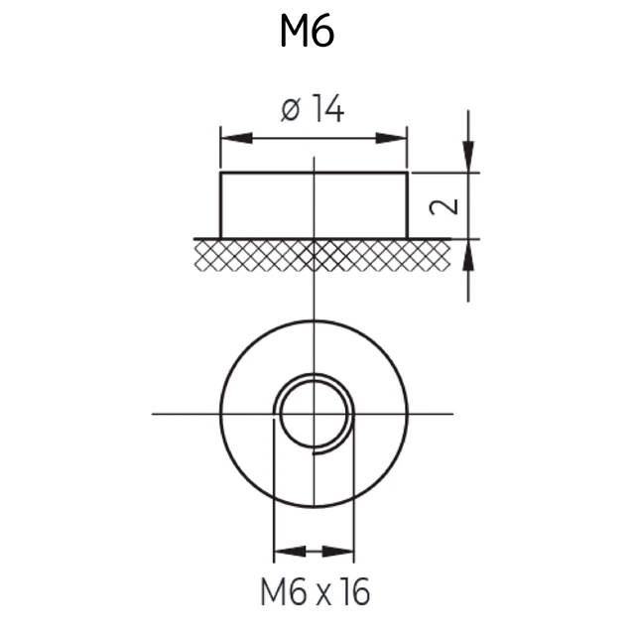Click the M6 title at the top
(x=308, y=31)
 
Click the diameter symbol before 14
(x=291, y=110)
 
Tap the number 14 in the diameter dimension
(x=328, y=108)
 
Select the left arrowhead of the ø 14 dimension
(x=237, y=138)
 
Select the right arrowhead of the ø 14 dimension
(x=391, y=138)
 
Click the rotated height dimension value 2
(x=444, y=206)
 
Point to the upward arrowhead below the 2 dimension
(x=468, y=255)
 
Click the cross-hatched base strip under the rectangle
(x=321, y=255)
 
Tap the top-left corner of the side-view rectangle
(x=220, y=173)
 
